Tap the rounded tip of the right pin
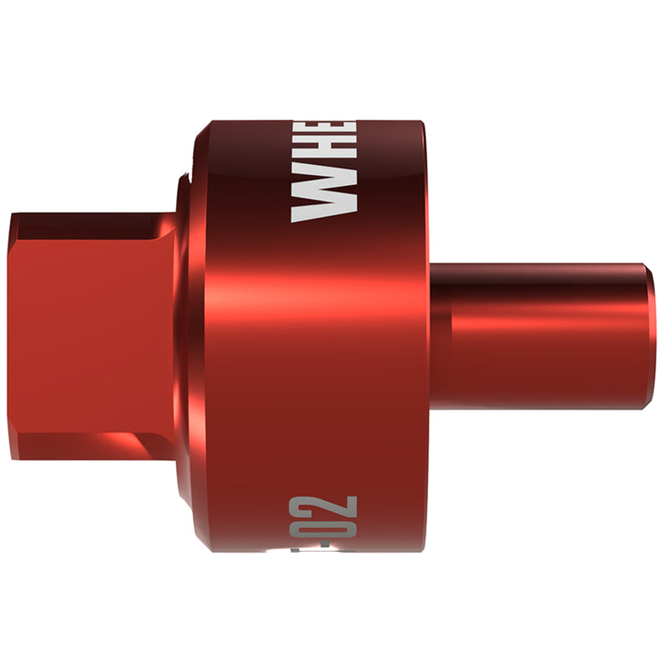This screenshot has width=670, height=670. (x=651, y=335)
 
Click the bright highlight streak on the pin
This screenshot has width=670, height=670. (x=544, y=318)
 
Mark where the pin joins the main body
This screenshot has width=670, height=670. (x=430, y=335)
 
